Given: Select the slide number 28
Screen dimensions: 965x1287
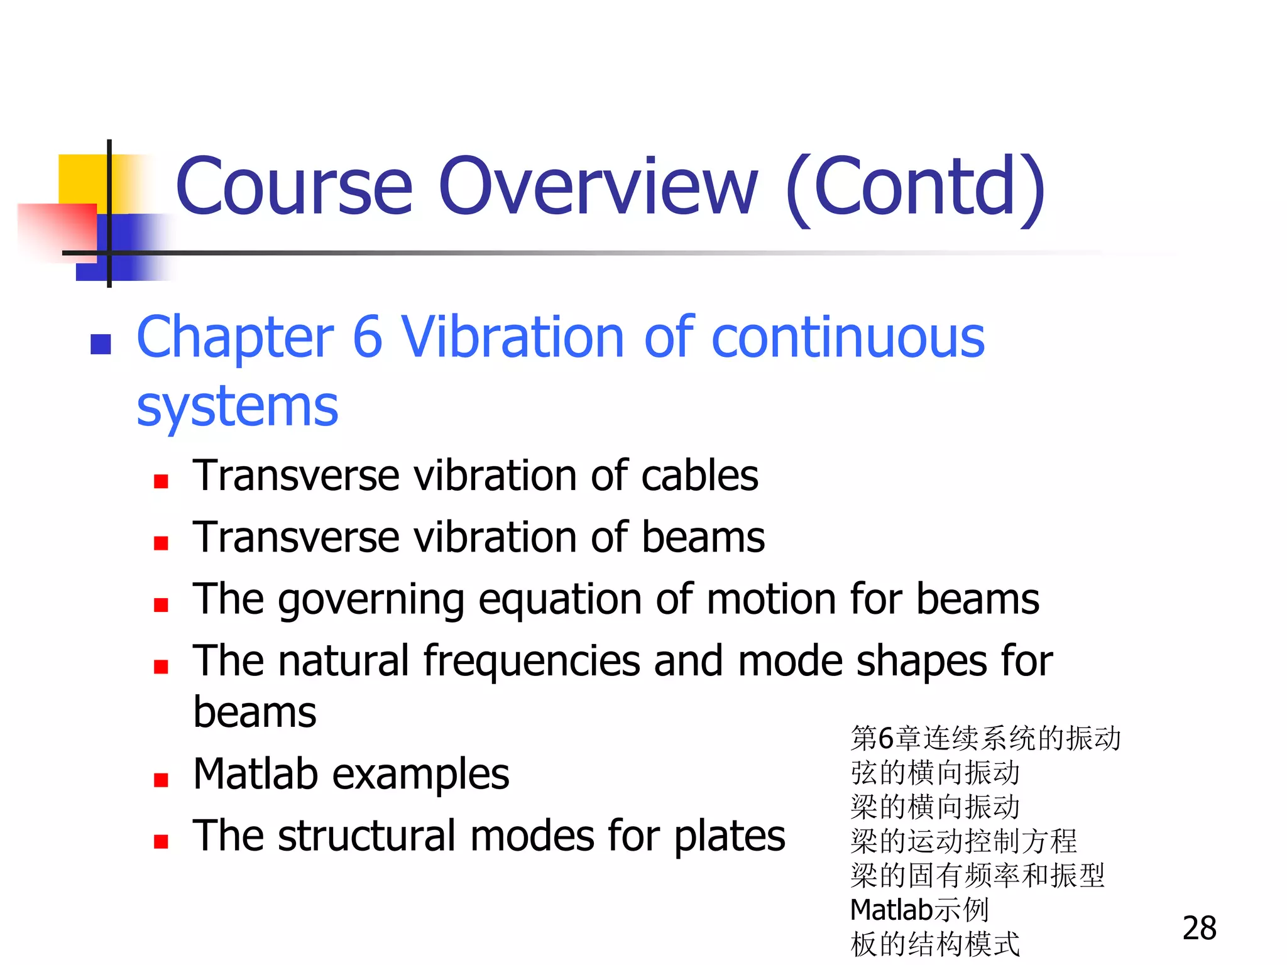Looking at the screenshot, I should click(1199, 928).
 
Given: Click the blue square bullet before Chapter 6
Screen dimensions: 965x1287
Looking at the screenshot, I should click(101, 344).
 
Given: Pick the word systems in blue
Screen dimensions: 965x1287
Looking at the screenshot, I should click(238, 406).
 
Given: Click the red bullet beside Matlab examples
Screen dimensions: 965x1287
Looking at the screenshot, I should click(161, 780).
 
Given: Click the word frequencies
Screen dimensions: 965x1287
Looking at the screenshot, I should click(533, 662).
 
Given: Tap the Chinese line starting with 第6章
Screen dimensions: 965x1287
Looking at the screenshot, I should click(985, 738).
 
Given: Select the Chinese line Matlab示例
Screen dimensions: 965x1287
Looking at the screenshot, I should click(919, 910).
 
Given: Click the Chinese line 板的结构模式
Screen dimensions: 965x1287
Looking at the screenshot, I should click(934, 944).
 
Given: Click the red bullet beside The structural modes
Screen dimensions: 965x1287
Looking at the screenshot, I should click(161, 842).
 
